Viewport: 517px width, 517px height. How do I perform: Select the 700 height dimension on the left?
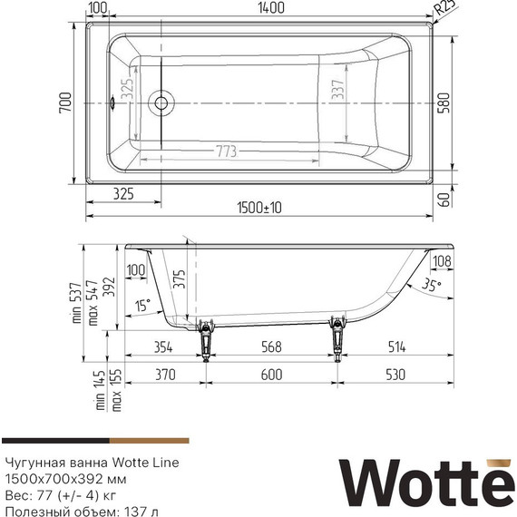[64, 106]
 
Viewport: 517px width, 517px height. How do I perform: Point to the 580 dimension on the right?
[442, 102]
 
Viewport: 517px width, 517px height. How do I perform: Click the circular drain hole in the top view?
[163, 102]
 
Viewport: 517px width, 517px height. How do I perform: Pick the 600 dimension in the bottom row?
[271, 375]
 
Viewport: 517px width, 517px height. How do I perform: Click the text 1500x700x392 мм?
[65, 478]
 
